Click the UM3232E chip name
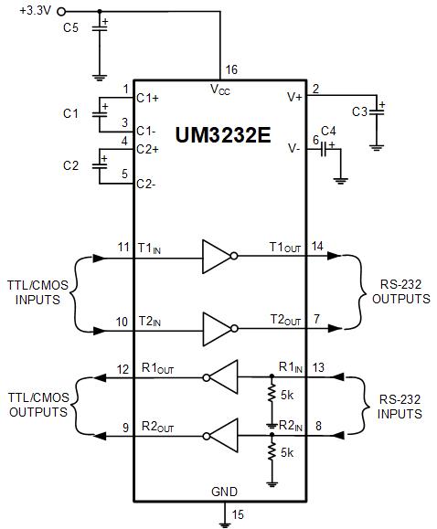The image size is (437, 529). click(x=223, y=135)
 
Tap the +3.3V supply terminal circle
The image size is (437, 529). click(x=61, y=12)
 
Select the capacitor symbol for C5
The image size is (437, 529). click(x=100, y=28)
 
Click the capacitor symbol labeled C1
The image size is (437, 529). click(x=100, y=114)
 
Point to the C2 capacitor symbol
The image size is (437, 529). click(x=100, y=166)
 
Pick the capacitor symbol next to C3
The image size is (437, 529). click(x=377, y=112)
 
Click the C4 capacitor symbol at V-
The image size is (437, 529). click(x=324, y=149)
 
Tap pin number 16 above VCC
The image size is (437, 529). click(x=231, y=69)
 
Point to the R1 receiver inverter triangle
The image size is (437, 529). click(x=220, y=377)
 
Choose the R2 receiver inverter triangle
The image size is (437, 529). click(x=220, y=436)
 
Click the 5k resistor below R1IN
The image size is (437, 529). click(x=272, y=394)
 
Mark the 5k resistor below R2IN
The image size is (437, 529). click(x=272, y=452)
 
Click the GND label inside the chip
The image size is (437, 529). click(x=224, y=492)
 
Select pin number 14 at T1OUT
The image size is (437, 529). click(x=317, y=247)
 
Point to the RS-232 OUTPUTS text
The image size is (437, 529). click(x=400, y=291)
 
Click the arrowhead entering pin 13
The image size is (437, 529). click(x=338, y=376)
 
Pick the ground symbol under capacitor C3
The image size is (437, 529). click(x=377, y=147)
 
